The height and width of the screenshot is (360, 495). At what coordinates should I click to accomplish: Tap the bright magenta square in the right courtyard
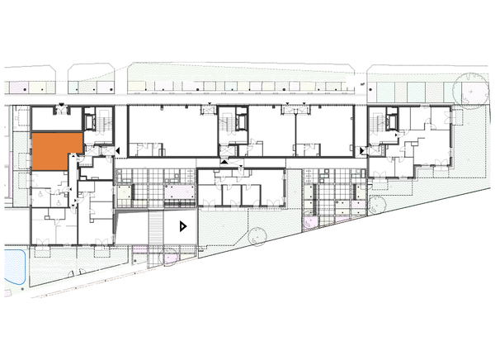312,222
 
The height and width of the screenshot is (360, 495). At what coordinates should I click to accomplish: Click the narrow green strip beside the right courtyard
308,198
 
